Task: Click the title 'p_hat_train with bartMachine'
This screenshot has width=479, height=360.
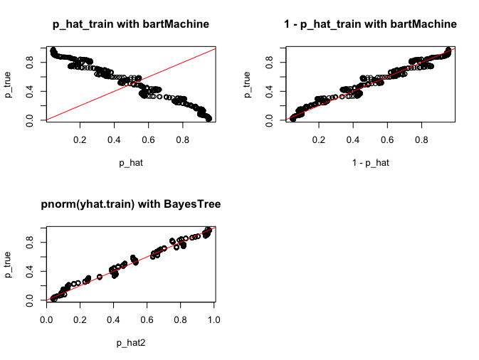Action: click(x=131, y=25)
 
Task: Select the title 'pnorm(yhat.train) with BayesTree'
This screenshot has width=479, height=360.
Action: click(x=131, y=205)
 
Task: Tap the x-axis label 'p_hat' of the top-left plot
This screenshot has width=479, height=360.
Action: click(x=131, y=163)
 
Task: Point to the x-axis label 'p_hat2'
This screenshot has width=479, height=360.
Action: click(x=131, y=343)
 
